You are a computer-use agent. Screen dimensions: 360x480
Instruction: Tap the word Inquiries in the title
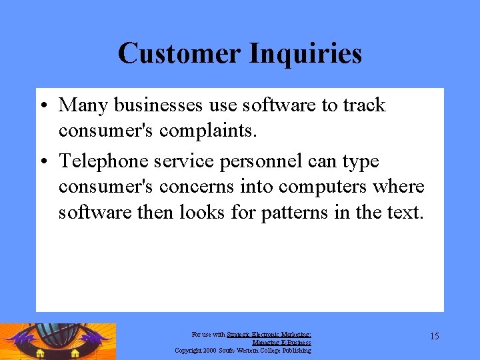click(x=306, y=54)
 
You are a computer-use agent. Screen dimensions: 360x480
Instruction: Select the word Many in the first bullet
click(x=83, y=105)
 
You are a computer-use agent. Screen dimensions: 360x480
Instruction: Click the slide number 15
click(x=434, y=336)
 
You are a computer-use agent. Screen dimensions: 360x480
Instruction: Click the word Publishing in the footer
click(x=296, y=350)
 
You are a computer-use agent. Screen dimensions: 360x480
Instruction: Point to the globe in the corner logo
click(x=56, y=337)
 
